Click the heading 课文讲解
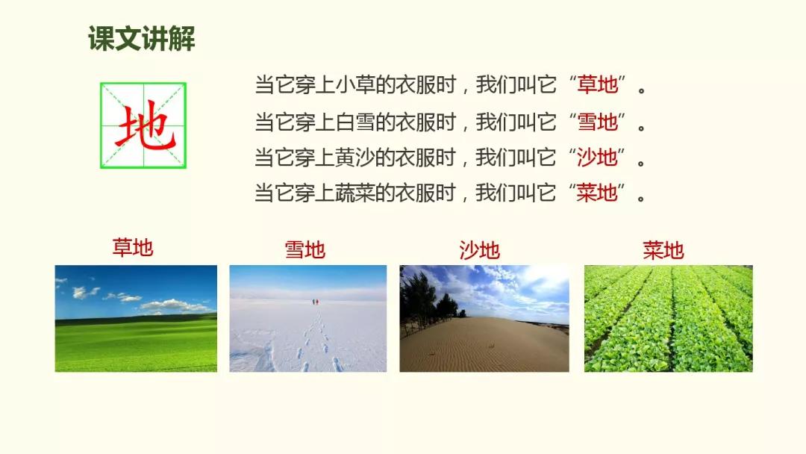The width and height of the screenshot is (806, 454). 141,39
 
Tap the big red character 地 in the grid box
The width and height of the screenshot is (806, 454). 145,126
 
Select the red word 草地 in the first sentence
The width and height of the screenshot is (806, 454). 597,84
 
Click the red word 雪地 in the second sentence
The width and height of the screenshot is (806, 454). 597,122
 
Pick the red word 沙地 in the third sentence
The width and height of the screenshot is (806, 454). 597,157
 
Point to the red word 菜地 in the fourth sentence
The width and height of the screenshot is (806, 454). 597,193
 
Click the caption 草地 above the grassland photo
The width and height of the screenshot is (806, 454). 133,247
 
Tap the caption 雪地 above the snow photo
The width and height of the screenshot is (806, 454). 305,250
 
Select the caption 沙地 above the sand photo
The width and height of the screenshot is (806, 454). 480,250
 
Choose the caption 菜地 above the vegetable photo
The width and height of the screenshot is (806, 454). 663,250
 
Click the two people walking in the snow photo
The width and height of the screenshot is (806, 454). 315,302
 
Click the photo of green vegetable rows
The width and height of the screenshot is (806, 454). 668,318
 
